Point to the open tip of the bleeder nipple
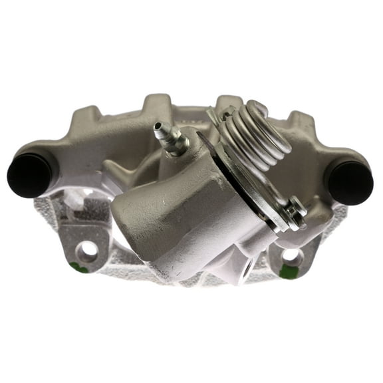click(158, 126)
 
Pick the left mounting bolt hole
click(86, 251)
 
